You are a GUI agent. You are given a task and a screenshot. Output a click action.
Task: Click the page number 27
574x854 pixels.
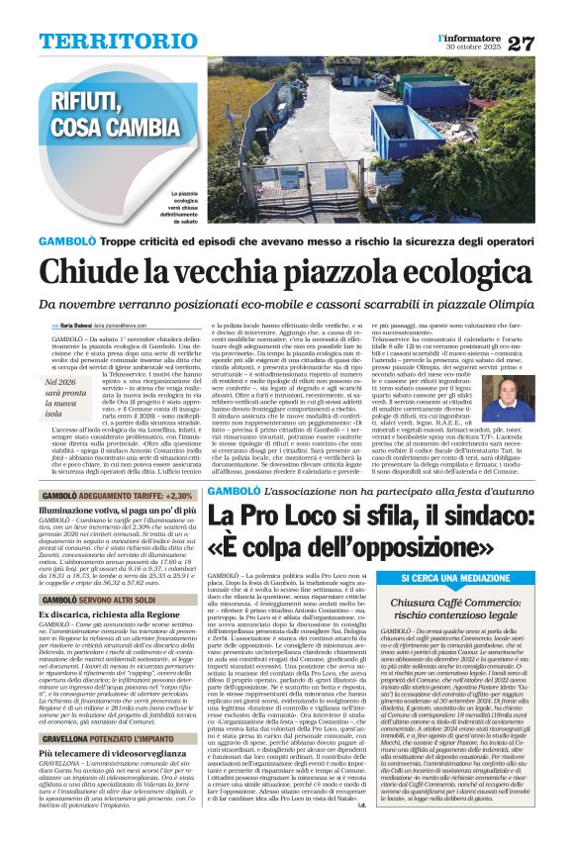[x=547, y=43]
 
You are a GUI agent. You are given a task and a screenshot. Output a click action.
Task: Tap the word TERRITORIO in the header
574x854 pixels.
[x=107, y=42]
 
